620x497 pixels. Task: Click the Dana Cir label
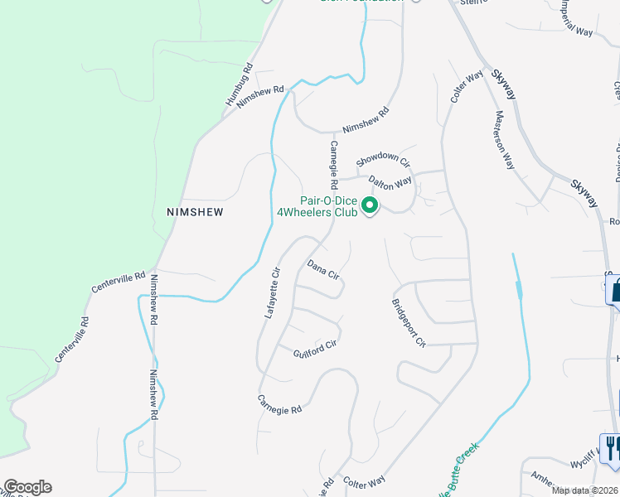tap(323, 270)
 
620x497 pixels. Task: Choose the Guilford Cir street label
tap(315, 350)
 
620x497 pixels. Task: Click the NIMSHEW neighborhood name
tap(195, 212)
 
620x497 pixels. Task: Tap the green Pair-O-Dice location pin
tap(371, 205)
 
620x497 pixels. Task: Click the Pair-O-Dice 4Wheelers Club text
tap(328, 206)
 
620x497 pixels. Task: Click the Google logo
tap(27, 487)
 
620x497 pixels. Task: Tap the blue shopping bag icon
tap(614, 292)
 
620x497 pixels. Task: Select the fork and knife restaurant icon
tap(611, 448)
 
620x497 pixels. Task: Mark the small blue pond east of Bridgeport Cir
tap(520, 290)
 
